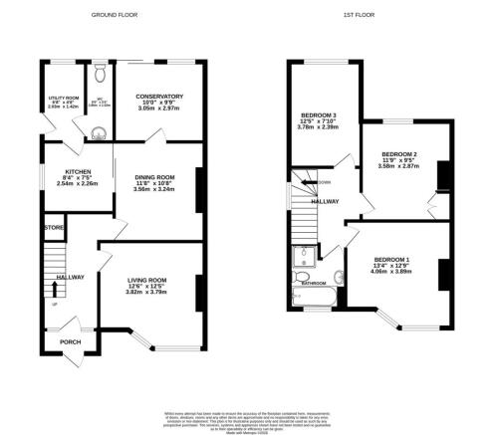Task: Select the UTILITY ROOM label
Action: pos(63,98)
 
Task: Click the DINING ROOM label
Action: pos(154,177)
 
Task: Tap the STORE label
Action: pos(53,229)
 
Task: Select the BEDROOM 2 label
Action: pos(398,153)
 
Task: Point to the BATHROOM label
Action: pos(316,284)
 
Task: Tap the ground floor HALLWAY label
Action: pos(70,278)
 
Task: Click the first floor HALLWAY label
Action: pos(325,201)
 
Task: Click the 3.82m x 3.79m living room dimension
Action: pos(145,293)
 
